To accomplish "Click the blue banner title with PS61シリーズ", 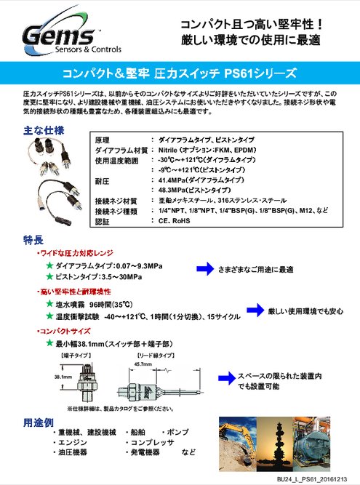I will tap(180, 73).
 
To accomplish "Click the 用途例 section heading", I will tap(35, 422).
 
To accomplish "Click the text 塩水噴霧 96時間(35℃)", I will tap(95, 304).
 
